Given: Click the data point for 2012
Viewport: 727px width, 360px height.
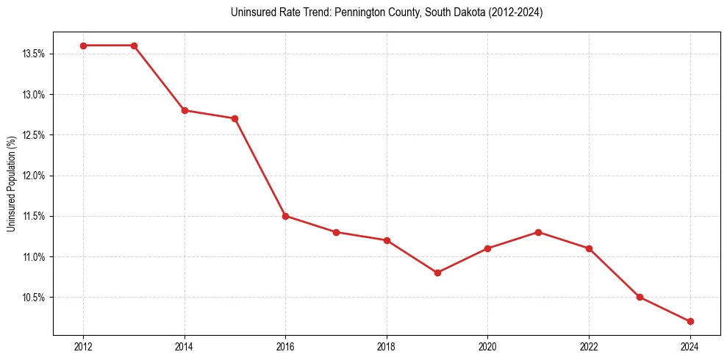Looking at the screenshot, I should [x=83, y=46].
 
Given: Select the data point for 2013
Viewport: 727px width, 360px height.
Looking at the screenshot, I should [x=134, y=46].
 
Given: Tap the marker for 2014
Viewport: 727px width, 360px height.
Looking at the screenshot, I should [x=185, y=110].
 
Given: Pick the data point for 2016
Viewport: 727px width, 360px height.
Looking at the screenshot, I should [x=285, y=216].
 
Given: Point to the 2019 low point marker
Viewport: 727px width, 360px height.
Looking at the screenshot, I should [x=437, y=273].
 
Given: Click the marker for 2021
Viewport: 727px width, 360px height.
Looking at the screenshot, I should [x=538, y=232].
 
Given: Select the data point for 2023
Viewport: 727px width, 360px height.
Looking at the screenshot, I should [x=640, y=297].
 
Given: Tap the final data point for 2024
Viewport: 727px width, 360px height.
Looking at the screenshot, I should [x=690, y=321].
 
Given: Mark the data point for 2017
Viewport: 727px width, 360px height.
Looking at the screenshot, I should [x=336, y=232].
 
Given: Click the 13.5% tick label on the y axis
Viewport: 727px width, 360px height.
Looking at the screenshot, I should [x=35, y=54].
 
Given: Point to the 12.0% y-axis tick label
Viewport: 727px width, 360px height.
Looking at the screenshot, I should [x=35, y=176].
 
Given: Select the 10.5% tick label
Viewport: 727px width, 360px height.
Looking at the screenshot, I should [x=35, y=298].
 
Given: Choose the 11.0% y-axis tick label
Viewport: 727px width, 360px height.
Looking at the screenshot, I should [x=35, y=257].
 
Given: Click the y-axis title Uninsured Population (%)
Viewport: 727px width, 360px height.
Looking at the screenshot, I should [x=11, y=184].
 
